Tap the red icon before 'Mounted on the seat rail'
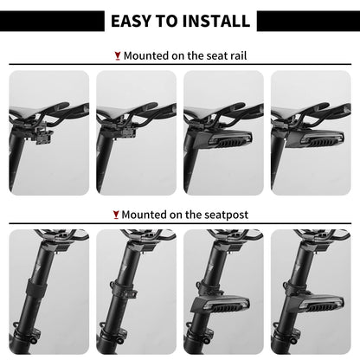118,56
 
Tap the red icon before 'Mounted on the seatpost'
116,215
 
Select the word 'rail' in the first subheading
239,55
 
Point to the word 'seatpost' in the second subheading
226,215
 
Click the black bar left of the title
52,21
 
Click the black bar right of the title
308,21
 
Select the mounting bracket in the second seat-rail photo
125,133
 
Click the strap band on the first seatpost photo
37,285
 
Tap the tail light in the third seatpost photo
221,305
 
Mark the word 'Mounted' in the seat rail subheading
146,55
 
